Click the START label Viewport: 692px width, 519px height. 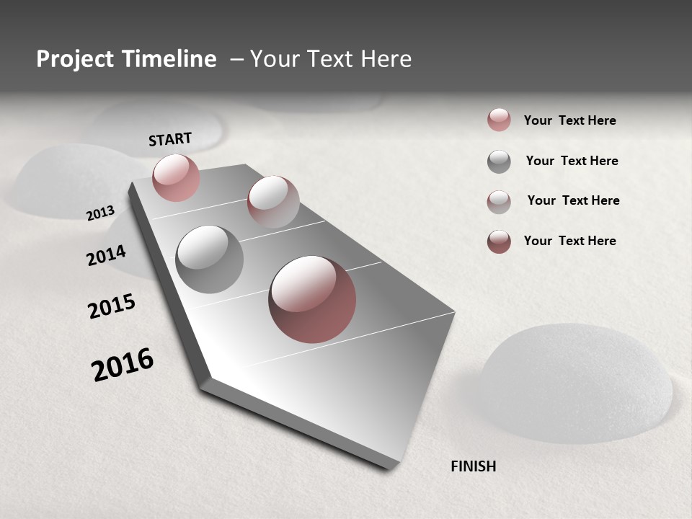170,139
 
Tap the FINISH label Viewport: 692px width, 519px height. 473,466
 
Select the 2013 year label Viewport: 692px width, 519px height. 100,213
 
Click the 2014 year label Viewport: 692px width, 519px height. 106,255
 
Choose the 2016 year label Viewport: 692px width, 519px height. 123,365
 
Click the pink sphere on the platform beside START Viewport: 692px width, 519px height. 176,177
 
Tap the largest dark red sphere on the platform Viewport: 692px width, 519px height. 312,299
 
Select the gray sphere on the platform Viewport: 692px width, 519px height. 209,259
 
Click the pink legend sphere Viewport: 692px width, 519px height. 499,120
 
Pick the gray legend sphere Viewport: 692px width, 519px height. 499,161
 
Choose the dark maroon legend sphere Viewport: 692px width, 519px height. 499,241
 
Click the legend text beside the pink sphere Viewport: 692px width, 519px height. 569,120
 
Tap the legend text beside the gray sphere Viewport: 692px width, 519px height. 572,161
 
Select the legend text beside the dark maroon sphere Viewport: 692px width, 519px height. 569,241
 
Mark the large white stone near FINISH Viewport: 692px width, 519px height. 577,382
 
